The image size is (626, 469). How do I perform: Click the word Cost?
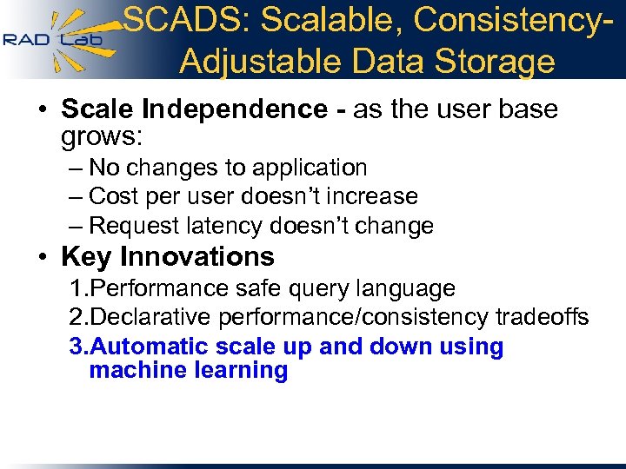(x=113, y=197)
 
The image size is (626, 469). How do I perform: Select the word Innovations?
(x=197, y=257)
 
